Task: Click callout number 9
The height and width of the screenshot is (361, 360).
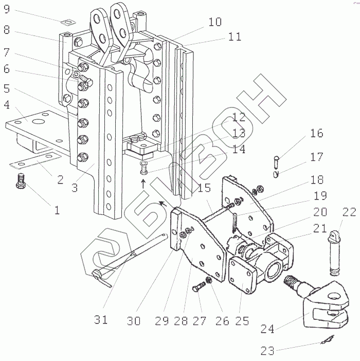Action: tap(7, 9)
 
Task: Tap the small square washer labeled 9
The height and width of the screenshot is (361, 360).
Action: tap(68, 23)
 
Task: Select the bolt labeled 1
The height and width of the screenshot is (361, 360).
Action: tap(21, 180)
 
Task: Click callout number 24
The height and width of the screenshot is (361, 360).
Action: tap(267, 329)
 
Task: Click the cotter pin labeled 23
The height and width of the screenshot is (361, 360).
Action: tap(327, 340)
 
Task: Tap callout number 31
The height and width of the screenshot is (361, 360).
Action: tap(101, 319)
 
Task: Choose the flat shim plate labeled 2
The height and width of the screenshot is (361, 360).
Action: tap(36, 159)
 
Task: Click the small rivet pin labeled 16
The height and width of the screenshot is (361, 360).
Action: tap(277, 162)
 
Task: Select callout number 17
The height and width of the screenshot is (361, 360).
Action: tap(317, 157)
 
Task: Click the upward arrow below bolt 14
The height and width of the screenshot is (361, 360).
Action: tap(143, 184)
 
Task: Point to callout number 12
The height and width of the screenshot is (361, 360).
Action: tap(239, 117)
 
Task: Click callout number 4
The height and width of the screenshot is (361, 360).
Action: tap(7, 104)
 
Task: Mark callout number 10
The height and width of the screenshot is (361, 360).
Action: tap(215, 22)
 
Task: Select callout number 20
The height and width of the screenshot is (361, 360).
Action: tap(320, 212)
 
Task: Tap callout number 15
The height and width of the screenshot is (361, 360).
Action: tap(204, 188)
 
